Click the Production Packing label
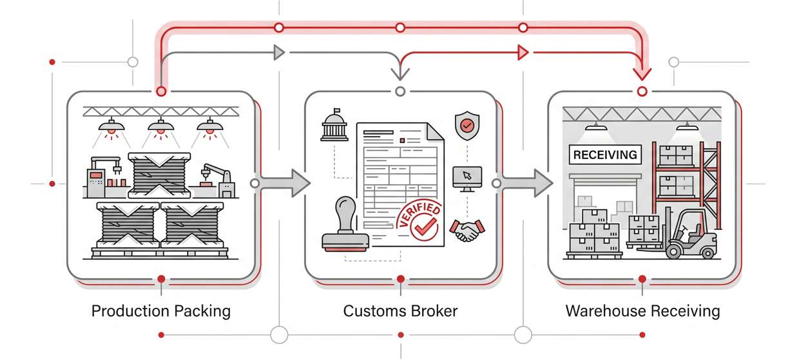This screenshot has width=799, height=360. pos(160,312)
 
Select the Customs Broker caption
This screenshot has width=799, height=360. pos(400,312)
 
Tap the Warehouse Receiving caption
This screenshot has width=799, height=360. pos(642,312)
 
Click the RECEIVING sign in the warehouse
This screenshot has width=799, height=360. pos(605,155)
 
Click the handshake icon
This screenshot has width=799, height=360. pos(468,230)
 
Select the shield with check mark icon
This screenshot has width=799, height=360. pos(467,126)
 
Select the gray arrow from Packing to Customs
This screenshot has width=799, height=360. pos(284,184)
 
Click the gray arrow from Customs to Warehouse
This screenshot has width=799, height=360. pos(527,184)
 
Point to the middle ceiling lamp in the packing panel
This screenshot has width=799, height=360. pos(160,128)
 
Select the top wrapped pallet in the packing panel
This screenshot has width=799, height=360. pos(159,175)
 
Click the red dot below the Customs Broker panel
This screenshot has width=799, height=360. pos(400,279)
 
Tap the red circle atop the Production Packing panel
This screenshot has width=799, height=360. pos(160,91)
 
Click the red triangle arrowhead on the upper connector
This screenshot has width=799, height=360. pos(523,52)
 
